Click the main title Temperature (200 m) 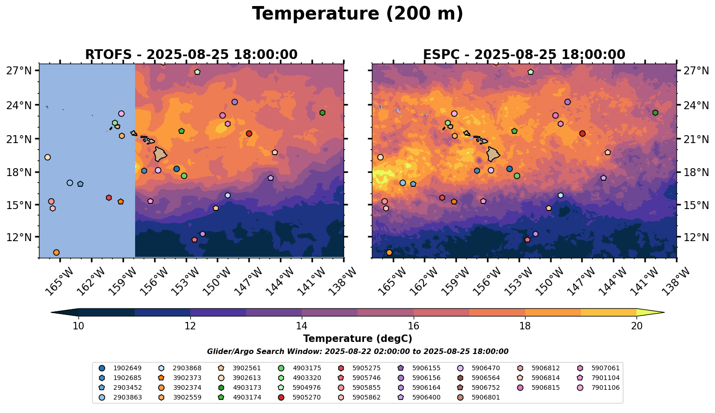tap(357, 14)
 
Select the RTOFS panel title tap(191, 55)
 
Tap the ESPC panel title tap(524, 55)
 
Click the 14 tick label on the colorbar tap(302, 326)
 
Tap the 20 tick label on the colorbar tap(637, 326)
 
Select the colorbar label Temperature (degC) tap(357, 339)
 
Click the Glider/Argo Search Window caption tap(357, 352)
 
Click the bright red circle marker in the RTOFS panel tap(249, 133)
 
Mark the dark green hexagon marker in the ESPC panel tap(655, 113)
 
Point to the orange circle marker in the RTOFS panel tap(56, 253)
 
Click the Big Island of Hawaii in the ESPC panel tap(493, 154)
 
